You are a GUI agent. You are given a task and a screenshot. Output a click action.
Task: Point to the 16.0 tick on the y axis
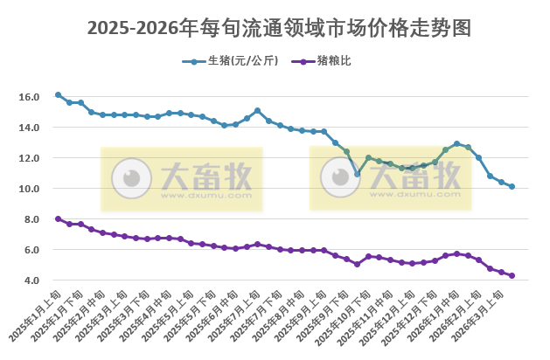(x=28, y=97)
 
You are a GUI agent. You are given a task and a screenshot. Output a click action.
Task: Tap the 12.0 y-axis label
(x=28, y=158)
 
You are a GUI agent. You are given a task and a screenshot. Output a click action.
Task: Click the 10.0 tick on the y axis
(x=28, y=189)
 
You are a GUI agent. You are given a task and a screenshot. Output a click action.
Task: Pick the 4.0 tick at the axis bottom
(x=31, y=280)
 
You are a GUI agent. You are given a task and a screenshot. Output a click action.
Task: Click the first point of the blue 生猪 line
(x=58, y=94)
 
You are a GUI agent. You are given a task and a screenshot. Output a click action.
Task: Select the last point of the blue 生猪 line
(x=512, y=187)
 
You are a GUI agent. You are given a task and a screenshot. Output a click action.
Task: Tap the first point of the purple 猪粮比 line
(x=58, y=218)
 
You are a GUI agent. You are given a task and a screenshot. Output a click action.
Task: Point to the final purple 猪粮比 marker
(x=512, y=275)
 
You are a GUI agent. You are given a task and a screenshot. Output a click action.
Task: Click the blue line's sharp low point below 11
(x=357, y=174)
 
